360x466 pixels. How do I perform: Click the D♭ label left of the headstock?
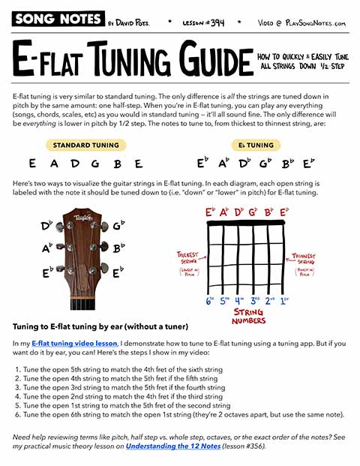(46, 224)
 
